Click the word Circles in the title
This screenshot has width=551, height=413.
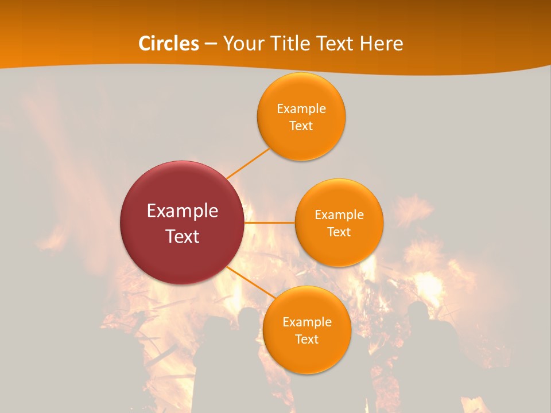(x=168, y=44)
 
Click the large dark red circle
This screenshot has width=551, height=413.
(x=182, y=223)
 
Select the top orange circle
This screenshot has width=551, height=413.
(x=301, y=116)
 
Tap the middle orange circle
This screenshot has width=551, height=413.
(x=339, y=223)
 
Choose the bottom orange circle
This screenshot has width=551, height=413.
(x=307, y=330)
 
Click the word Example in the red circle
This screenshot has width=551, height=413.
(x=183, y=211)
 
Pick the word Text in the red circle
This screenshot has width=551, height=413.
(x=183, y=236)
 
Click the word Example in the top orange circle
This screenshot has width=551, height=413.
(x=301, y=108)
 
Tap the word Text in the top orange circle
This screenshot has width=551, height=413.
(x=301, y=126)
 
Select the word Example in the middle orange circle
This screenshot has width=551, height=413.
(x=339, y=215)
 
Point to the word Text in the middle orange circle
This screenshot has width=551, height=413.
(x=339, y=232)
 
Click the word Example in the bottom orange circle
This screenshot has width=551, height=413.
(x=307, y=322)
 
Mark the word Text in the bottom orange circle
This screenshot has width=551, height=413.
(x=307, y=339)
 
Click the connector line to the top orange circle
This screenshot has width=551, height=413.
(x=248, y=163)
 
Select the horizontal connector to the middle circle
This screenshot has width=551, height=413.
(x=270, y=223)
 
